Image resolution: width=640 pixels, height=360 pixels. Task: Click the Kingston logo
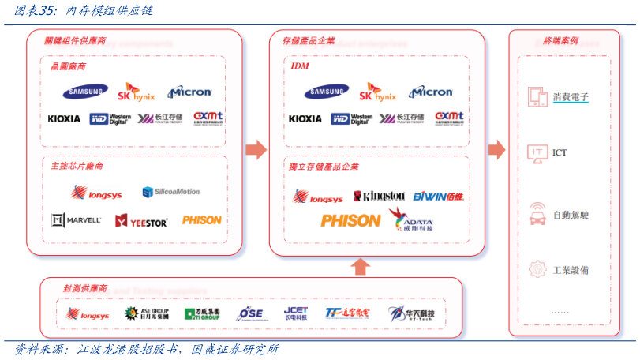(379, 196)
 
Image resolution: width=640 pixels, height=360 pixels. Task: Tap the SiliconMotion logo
(171, 192)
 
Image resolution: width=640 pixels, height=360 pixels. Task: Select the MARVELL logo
(76, 220)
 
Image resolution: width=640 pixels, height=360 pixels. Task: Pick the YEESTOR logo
(141, 221)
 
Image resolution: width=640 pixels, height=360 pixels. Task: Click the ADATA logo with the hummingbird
(410, 220)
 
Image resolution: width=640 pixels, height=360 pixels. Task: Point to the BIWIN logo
(438, 196)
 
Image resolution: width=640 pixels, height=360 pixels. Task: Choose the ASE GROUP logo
(147, 313)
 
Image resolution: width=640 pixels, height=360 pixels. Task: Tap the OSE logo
(250, 313)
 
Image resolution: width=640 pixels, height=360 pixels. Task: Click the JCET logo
(296, 313)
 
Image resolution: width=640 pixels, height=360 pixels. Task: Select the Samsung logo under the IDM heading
(327, 92)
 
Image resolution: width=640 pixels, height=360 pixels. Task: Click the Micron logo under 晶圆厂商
(189, 92)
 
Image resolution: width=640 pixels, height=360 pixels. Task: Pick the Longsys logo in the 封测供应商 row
(88, 314)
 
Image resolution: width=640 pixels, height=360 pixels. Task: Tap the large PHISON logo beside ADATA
(350, 221)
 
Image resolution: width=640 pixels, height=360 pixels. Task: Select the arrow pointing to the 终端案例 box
(496, 149)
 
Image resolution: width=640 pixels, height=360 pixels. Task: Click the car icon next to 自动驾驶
(537, 214)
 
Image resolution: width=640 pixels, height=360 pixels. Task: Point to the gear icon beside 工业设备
(537, 269)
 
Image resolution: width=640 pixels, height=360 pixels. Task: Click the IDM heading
(299, 66)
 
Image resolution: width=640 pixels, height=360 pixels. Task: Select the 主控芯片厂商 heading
(77, 167)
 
